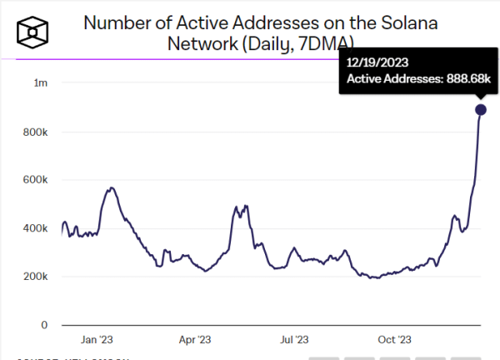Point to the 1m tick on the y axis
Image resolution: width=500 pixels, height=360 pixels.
(40, 83)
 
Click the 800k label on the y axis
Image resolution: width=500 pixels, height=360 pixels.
(34, 132)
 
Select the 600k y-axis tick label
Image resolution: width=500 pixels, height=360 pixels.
(34, 180)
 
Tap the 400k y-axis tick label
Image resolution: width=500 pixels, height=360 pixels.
(34, 228)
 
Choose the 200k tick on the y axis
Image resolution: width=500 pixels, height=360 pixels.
(34, 277)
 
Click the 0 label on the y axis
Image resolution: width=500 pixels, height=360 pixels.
(43, 325)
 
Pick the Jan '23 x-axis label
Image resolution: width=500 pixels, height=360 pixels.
(97, 340)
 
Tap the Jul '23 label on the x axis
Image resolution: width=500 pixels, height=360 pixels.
(293, 340)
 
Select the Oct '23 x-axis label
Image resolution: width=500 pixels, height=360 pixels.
(393, 340)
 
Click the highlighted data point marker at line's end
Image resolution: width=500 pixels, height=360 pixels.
(481, 110)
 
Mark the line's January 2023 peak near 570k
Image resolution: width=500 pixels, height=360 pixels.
(112, 188)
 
